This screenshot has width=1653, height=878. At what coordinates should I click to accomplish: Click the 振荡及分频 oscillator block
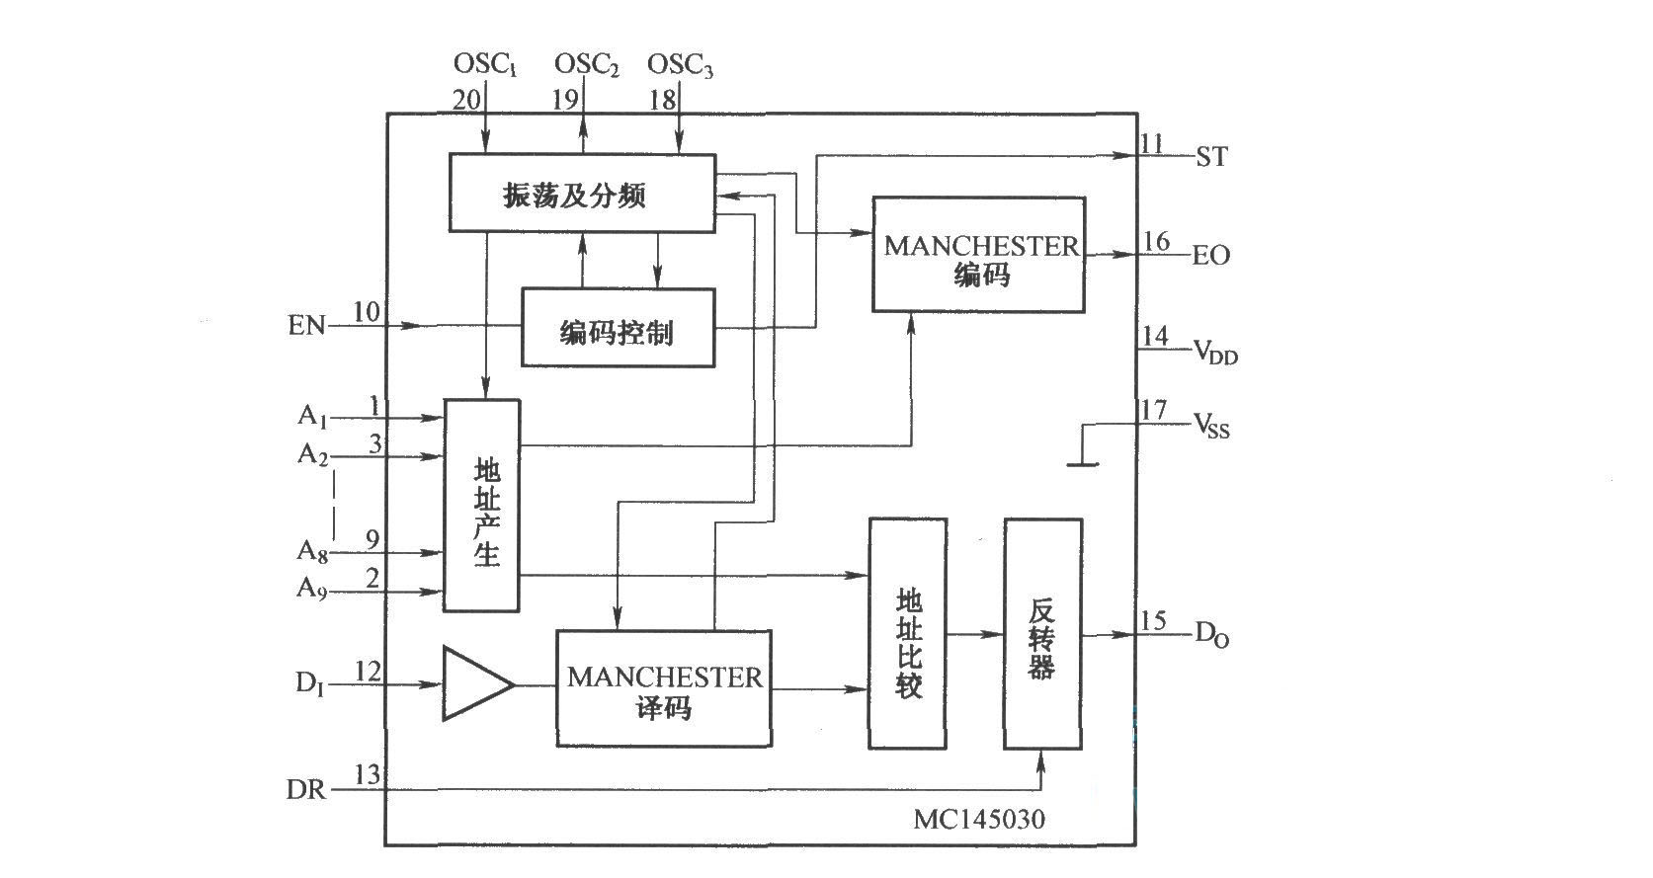(582, 194)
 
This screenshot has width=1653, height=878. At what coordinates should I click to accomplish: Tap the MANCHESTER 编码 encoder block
(978, 255)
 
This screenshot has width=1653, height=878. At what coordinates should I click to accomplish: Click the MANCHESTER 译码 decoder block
(664, 689)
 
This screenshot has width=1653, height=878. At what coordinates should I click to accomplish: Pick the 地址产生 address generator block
(482, 506)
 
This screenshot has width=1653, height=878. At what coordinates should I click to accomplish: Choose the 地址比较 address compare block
(908, 634)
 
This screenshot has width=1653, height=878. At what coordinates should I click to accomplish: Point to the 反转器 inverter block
(1043, 634)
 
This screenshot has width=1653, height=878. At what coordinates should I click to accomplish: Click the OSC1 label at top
(485, 65)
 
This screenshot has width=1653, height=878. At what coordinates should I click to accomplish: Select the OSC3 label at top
(680, 65)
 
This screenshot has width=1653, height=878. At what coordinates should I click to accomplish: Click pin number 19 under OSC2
(565, 99)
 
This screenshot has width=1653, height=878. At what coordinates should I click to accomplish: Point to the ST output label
(1211, 157)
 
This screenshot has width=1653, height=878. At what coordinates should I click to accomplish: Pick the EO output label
(1211, 256)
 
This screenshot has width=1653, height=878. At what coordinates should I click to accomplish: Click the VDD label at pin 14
(1214, 352)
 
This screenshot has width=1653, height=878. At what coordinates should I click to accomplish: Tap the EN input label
(306, 325)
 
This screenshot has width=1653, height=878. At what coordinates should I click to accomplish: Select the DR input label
(305, 790)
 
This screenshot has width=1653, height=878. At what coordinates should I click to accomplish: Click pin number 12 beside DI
(367, 673)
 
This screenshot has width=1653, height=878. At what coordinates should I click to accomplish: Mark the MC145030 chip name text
(978, 819)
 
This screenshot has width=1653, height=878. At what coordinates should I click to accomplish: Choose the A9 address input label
(312, 589)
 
